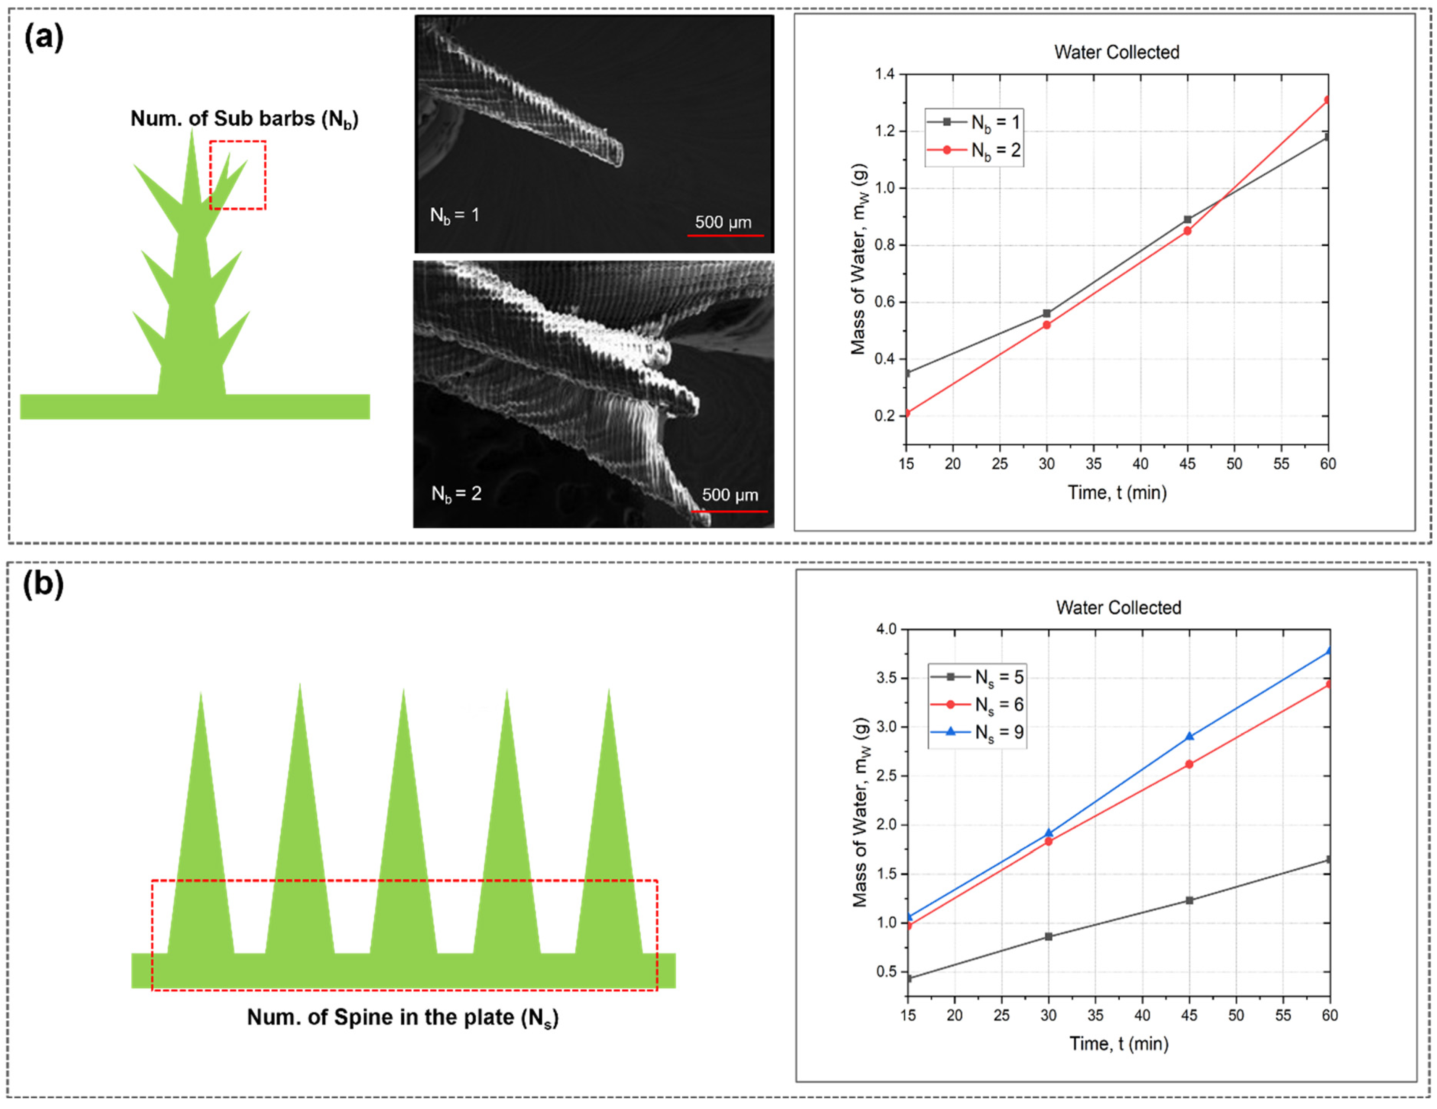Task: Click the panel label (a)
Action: click(x=44, y=36)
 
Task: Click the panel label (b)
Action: click(x=44, y=583)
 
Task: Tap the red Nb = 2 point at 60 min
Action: click(x=1327, y=100)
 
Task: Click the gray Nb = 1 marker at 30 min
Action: click(x=1047, y=313)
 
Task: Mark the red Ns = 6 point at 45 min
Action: click(x=1189, y=764)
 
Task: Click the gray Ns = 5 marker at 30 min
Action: click(x=1049, y=936)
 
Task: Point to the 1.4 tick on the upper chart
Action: click(x=885, y=74)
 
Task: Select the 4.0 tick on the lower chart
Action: click(x=886, y=629)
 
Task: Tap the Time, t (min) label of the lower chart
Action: click(x=1118, y=1043)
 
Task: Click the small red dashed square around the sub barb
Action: click(x=238, y=175)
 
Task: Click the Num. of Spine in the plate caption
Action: click(x=403, y=1017)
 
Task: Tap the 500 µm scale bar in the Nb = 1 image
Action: click(x=725, y=234)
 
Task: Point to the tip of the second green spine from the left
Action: click(x=300, y=685)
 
